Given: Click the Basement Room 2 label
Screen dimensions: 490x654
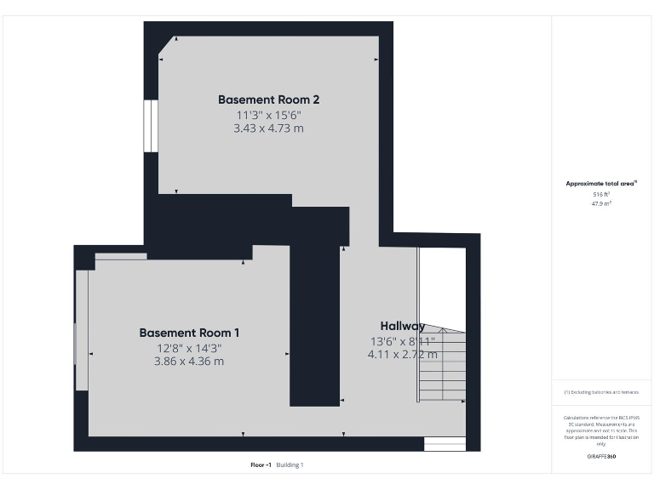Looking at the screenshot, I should (268, 100).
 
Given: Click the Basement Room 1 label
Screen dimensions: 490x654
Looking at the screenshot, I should (189, 333).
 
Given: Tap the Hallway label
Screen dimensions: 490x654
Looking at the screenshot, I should (402, 326).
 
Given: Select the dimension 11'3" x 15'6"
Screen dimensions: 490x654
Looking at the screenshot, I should (268, 115).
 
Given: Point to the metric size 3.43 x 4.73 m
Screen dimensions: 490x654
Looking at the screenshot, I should (268, 128).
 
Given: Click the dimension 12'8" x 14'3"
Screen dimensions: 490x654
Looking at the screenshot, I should (189, 347).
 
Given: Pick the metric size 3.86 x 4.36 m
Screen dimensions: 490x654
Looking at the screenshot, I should (189, 361).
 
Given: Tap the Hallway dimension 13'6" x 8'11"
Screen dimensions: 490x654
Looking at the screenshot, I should (402, 341).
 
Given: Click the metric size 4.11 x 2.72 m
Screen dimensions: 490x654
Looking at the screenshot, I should (402, 355).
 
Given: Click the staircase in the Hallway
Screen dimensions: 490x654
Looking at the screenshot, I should (443, 366).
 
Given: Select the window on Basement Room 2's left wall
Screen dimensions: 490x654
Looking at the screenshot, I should (150, 126).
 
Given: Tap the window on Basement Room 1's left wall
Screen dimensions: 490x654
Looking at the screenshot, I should (82, 330).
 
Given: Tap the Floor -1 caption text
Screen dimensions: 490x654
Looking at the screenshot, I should (261, 464).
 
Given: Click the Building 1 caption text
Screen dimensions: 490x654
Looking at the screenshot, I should (290, 464).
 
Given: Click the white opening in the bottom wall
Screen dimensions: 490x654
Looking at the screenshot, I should (445, 444).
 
